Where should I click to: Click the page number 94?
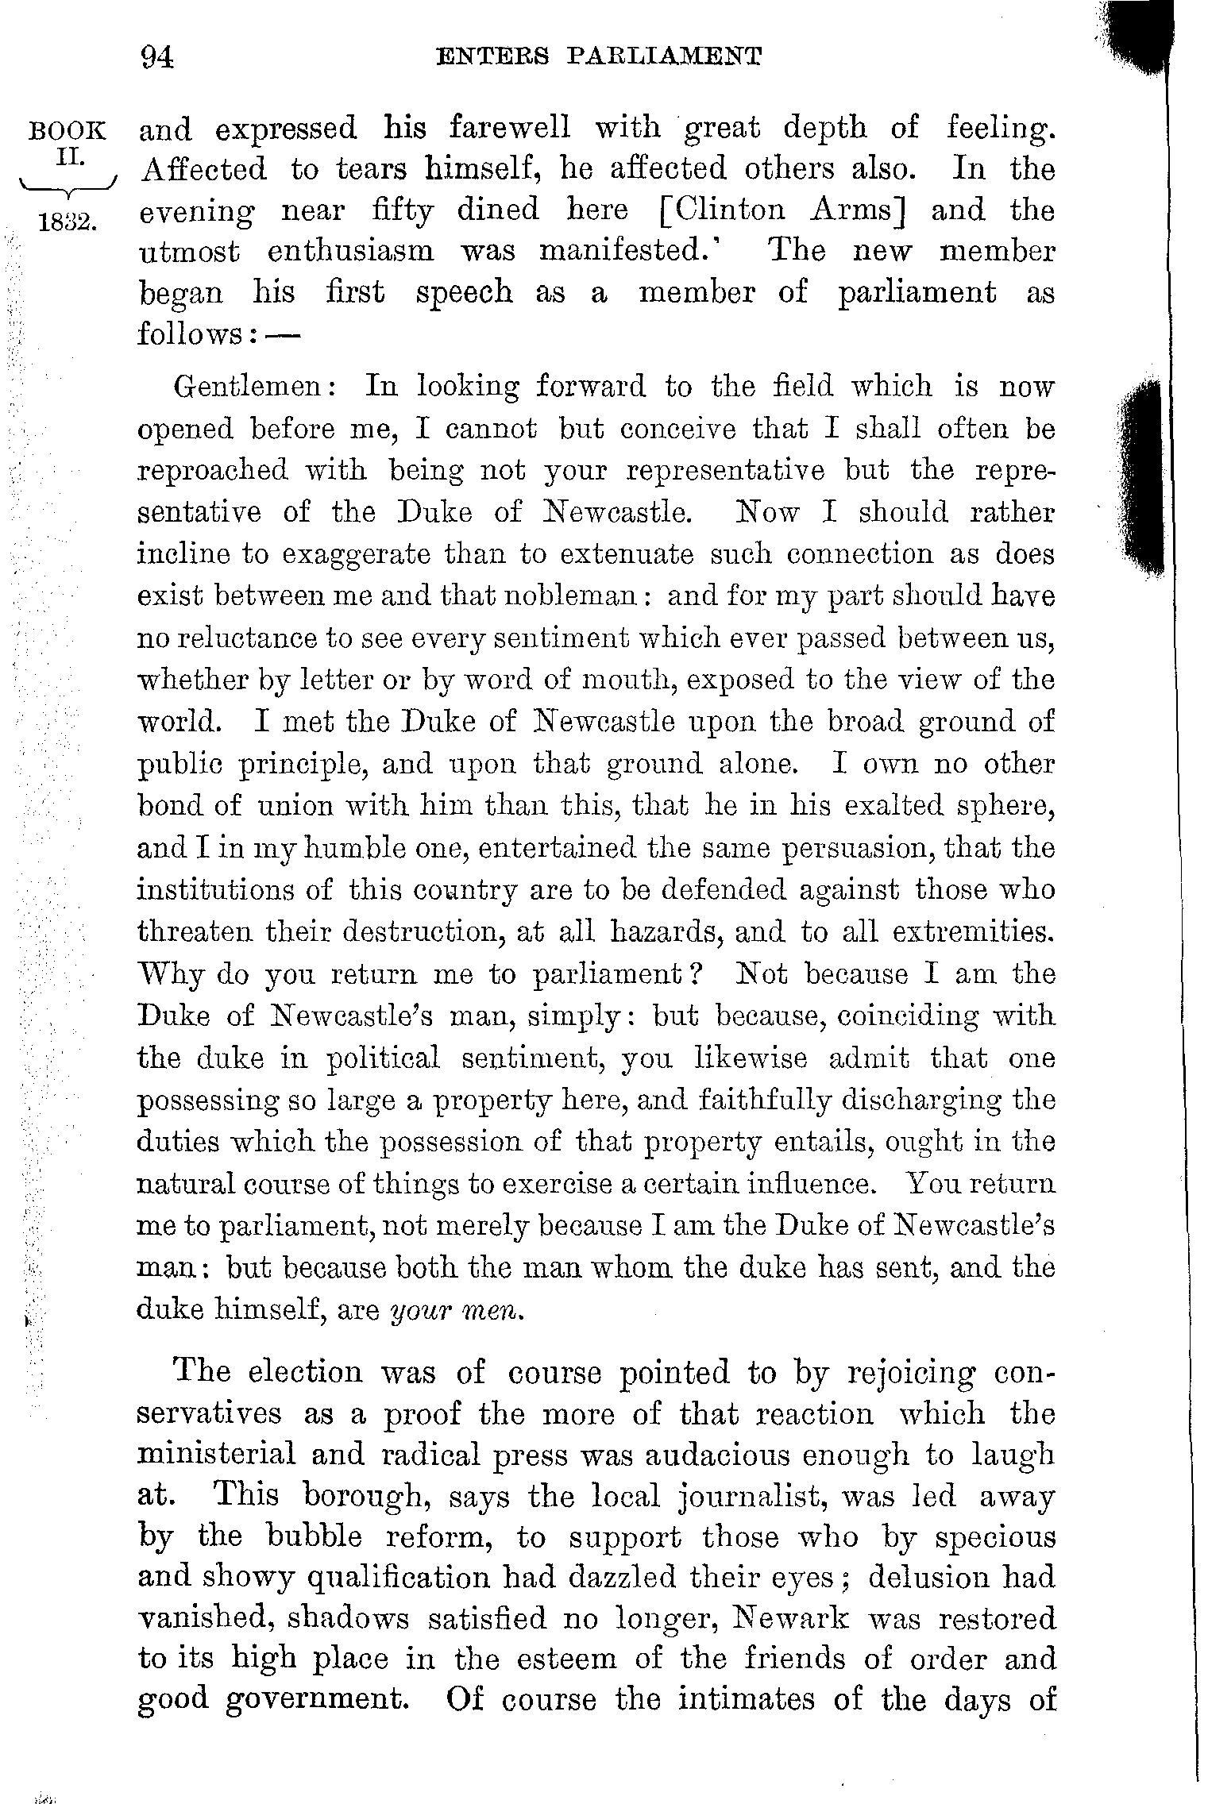pyautogui.click(x=156, y=58)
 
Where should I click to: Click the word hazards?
pyautogui.click(x=665, y=931)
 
